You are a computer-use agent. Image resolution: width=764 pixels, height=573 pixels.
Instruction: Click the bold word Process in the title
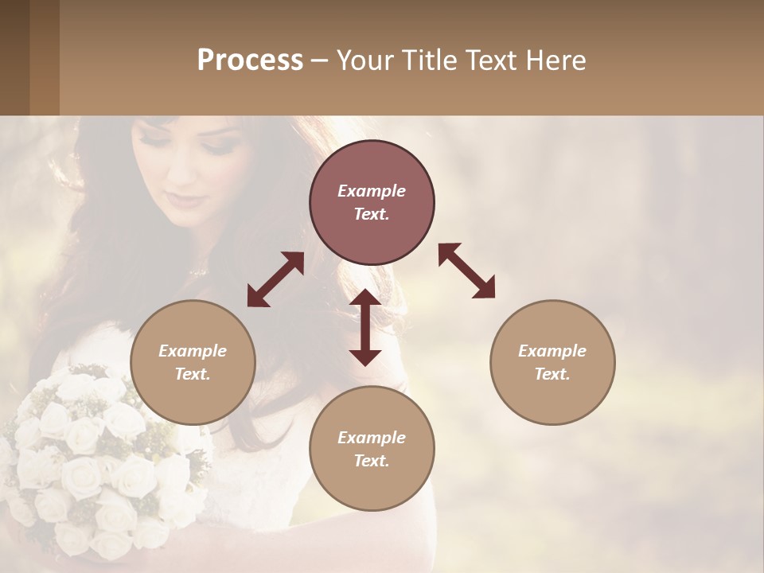(250, 60)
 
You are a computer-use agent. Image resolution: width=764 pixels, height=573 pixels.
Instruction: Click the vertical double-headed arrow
(365, 327)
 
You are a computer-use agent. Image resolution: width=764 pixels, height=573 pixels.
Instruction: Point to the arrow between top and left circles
(275, 279)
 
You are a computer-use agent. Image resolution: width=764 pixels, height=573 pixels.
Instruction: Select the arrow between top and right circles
(466, 271)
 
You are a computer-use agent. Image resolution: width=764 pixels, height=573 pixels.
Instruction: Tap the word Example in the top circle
(372, 191)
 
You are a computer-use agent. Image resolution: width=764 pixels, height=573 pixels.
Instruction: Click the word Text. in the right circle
(552, 374)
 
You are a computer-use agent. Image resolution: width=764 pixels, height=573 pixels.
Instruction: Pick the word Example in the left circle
(193, 351)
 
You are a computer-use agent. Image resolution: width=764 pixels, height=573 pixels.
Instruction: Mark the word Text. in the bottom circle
(372, 461)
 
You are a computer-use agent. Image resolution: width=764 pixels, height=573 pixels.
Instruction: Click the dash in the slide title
(319, 60)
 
